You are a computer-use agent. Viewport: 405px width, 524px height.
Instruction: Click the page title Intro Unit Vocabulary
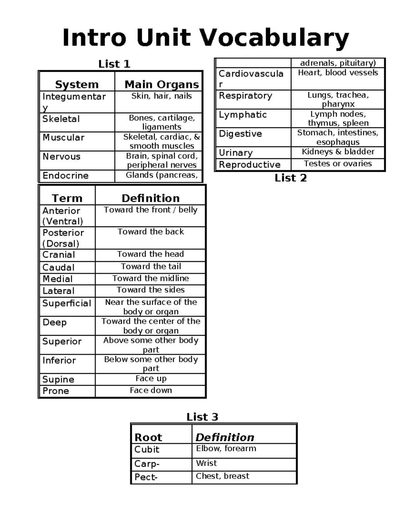(x=206, y=38)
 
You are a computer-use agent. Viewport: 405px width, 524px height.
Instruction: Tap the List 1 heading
(x=114, y=64)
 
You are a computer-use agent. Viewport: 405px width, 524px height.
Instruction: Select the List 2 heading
(x=291, y=178)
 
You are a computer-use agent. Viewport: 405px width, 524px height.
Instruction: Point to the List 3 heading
(x=202, y=417)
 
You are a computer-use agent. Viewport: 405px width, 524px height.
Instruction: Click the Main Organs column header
(x=162, y=84)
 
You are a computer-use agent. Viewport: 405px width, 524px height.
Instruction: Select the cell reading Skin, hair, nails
(x=161, y=96)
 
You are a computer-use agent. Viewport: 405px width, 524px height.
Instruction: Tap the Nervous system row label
(x=61, y=157)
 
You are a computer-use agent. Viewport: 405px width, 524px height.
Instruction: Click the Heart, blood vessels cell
(x=338, y=73)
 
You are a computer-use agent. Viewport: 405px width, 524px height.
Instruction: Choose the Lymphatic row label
(x=243, y=115)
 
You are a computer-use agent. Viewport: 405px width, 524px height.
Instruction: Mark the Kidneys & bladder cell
(x=338, y=152)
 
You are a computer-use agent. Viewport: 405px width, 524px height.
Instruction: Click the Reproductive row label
(x=250, y=165)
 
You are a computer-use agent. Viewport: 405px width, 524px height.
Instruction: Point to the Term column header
(x=67, y=198)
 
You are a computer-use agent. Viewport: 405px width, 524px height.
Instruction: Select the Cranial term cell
(x=59, y=255)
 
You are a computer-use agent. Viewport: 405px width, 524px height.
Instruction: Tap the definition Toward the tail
(x=151, y=267)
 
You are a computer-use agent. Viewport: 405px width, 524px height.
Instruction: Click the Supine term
(x=58, y=379)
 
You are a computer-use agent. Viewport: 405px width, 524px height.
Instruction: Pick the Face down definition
(x=151, y=390)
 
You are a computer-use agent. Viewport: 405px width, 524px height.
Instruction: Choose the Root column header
(x=148, y=437)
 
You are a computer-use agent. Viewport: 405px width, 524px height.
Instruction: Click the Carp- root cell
(x=147, y=464)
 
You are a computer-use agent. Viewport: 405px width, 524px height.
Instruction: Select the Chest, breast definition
(x=222, y=476)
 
